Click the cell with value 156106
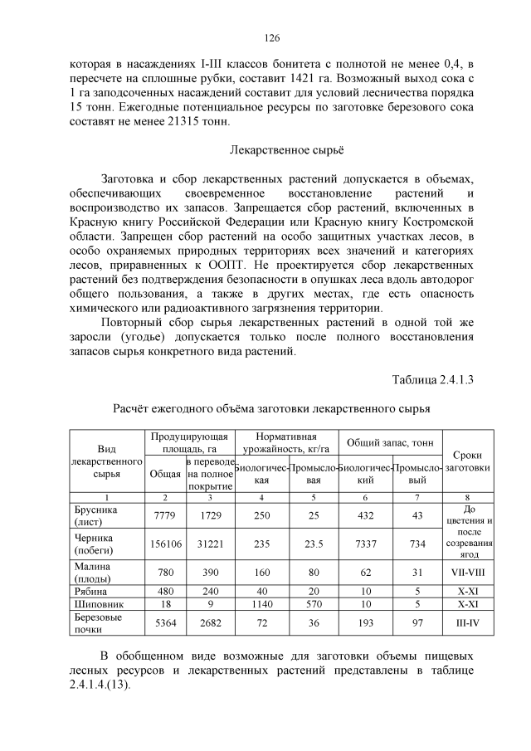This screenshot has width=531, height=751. coord(164,542)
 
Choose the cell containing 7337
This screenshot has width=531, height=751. coord(365,542)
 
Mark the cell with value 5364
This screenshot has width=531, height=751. coord(164,622)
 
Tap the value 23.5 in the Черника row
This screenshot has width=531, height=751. coord(313,542)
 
